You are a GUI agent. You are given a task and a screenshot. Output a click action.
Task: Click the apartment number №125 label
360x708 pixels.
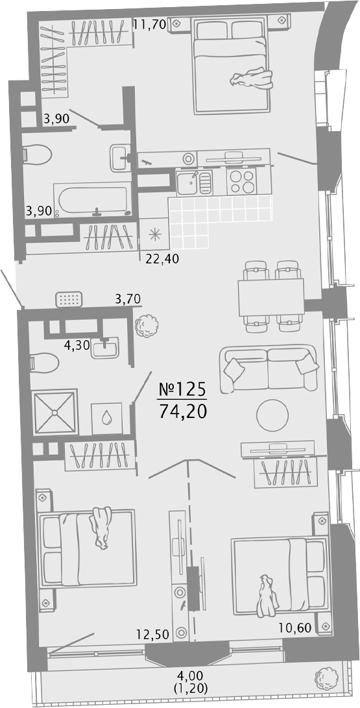click(182, 389)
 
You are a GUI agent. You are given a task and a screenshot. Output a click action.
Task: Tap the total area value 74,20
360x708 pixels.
click(182, 412)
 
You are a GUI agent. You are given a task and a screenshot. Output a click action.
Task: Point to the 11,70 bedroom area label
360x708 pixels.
click(150, 24)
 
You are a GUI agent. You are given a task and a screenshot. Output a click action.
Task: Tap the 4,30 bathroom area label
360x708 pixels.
click(77, 347)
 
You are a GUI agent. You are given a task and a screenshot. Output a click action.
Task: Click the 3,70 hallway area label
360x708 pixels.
click(128, 298)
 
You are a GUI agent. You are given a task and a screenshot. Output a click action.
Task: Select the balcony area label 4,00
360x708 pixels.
click(189, 677)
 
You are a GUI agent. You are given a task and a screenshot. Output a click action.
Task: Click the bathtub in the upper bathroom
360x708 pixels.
click(93, 200)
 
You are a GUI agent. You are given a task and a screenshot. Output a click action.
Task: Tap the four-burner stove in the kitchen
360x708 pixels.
click(241, 182)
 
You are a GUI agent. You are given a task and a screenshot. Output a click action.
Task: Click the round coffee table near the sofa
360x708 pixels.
click(272, 415)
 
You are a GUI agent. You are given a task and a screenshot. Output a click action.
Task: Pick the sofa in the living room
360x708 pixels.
click(269, 369)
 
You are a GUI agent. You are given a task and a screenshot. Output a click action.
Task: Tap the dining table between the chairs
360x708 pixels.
click(271, 298)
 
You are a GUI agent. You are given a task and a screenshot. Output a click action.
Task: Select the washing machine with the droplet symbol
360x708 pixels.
click(107, 418)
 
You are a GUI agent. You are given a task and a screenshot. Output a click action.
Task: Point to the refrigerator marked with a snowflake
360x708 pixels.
click(154, 234)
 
